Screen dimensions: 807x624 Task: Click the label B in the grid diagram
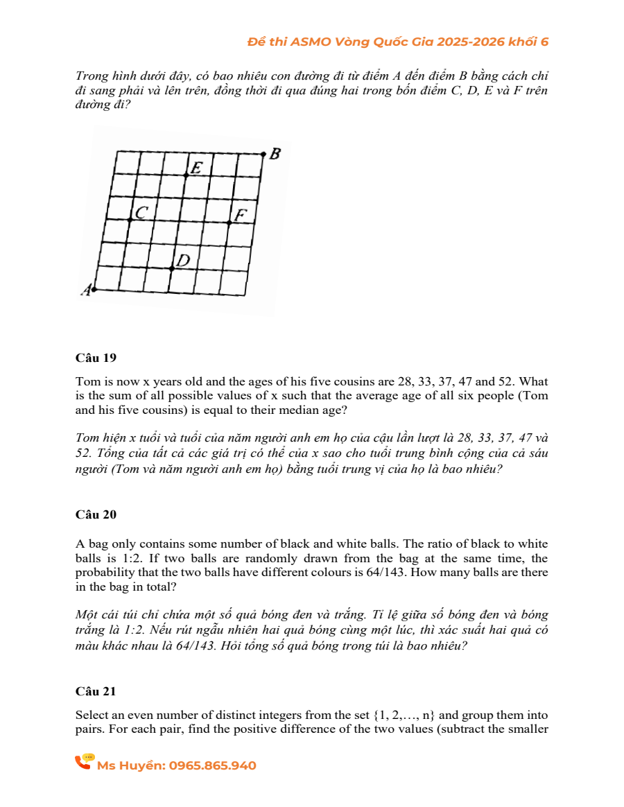click(275, 154)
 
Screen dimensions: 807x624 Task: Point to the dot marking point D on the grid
click(172, 268)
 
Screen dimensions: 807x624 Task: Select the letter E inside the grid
click(197, 168)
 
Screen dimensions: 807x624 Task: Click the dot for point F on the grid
click(229, 223)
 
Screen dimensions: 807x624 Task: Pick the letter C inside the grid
click(141, 212)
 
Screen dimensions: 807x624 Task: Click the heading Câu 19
click(96, 358)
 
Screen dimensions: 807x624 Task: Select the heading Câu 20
click(96, 514)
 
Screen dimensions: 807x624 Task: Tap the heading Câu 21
click(96, 691)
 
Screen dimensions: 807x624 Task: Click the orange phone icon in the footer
click(84, 762)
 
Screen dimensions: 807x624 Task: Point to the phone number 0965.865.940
click(213, 766)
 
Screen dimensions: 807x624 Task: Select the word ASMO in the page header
click(311, 42)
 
